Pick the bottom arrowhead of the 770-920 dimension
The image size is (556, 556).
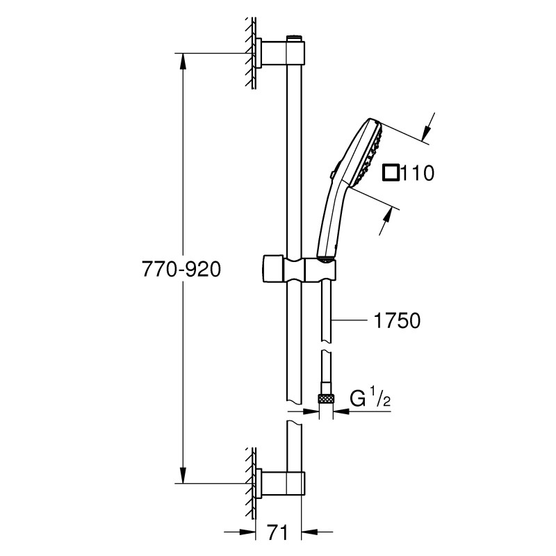point(183,476)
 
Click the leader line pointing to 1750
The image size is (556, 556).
point(351,320)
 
